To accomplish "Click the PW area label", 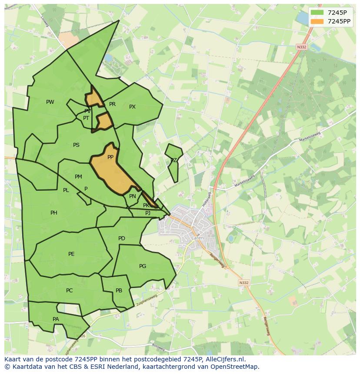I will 50,102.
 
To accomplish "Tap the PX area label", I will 133,107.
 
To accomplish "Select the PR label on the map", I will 112,104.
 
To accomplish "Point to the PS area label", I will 76,145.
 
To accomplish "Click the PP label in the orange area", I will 110,157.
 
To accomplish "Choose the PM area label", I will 78,177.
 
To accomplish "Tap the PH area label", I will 53,213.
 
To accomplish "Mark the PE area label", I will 71,254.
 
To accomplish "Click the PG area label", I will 143,266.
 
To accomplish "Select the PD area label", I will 122,238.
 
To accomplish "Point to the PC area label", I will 69,291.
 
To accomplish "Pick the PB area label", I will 119,291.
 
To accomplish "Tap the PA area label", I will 56,319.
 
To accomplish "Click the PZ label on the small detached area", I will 173,160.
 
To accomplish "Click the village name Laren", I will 197,238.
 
